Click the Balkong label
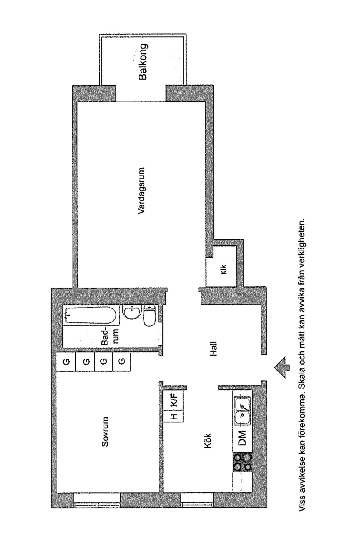pyautogui.click(x=143, y=62)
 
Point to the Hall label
pyautogui.click(x=213, y=348)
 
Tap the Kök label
pyautogui.click(x=207, y=440)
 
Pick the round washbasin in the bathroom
pyautogui.click(x=132, y=312)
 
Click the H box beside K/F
pyautogui.click(x=174, y=416)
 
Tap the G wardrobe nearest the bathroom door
pyautogui.click(x=122, y=362)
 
